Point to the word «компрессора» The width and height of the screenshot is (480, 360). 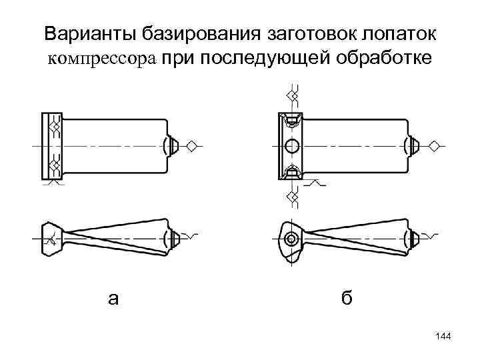pos(101,58)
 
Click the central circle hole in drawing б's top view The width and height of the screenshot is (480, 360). pos(291,146)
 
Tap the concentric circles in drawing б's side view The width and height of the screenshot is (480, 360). pos(291,239)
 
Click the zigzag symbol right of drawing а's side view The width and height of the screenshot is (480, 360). pos(191,236)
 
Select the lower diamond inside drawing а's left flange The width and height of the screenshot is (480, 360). pos(55,164)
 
